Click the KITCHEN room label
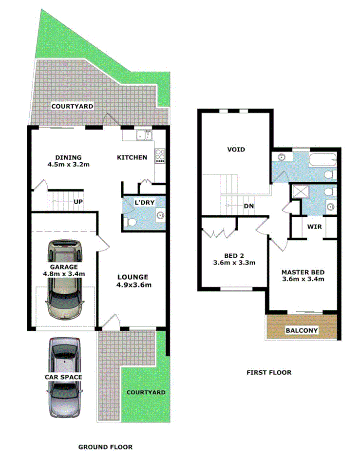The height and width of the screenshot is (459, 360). pos(132,157)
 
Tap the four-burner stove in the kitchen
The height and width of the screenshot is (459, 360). pos(160,156)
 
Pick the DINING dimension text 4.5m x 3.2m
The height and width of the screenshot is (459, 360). pos(68,165)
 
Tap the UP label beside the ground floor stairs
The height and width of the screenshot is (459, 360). pos(77,202)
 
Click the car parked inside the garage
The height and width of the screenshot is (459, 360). pos(64,279)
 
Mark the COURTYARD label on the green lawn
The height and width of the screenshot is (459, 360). pos(146,392)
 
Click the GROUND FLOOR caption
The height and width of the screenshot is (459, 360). pos(105,446)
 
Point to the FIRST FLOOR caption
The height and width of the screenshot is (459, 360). pos(269,372)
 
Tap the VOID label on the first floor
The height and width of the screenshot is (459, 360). pos(236,150)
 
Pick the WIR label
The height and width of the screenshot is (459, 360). pos(313,226)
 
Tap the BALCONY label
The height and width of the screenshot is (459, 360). pos(302,330)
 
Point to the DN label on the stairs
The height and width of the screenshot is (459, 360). pos(248,206)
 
